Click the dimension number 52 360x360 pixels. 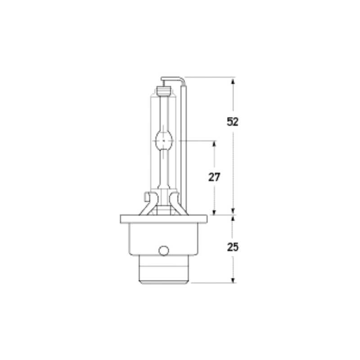232,121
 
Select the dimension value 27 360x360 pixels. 214,177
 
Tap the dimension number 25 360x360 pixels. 232,247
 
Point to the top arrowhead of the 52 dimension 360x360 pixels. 233,81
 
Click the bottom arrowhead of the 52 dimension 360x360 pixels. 233,211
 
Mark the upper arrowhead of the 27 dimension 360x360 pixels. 214,144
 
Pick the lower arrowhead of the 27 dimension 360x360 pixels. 214,211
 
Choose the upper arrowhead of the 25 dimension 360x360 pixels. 233,219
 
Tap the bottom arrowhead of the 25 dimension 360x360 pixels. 233,279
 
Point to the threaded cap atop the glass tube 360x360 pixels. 164,90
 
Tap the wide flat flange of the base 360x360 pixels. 164,220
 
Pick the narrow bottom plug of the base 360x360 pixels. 164,270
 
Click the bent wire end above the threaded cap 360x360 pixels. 173,79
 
